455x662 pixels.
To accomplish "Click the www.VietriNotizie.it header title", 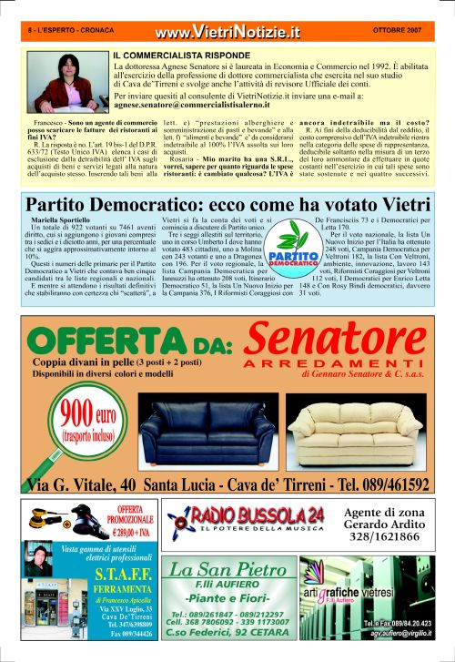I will click(227, 34).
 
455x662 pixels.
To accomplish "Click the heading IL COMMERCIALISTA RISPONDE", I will click(177, 56).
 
